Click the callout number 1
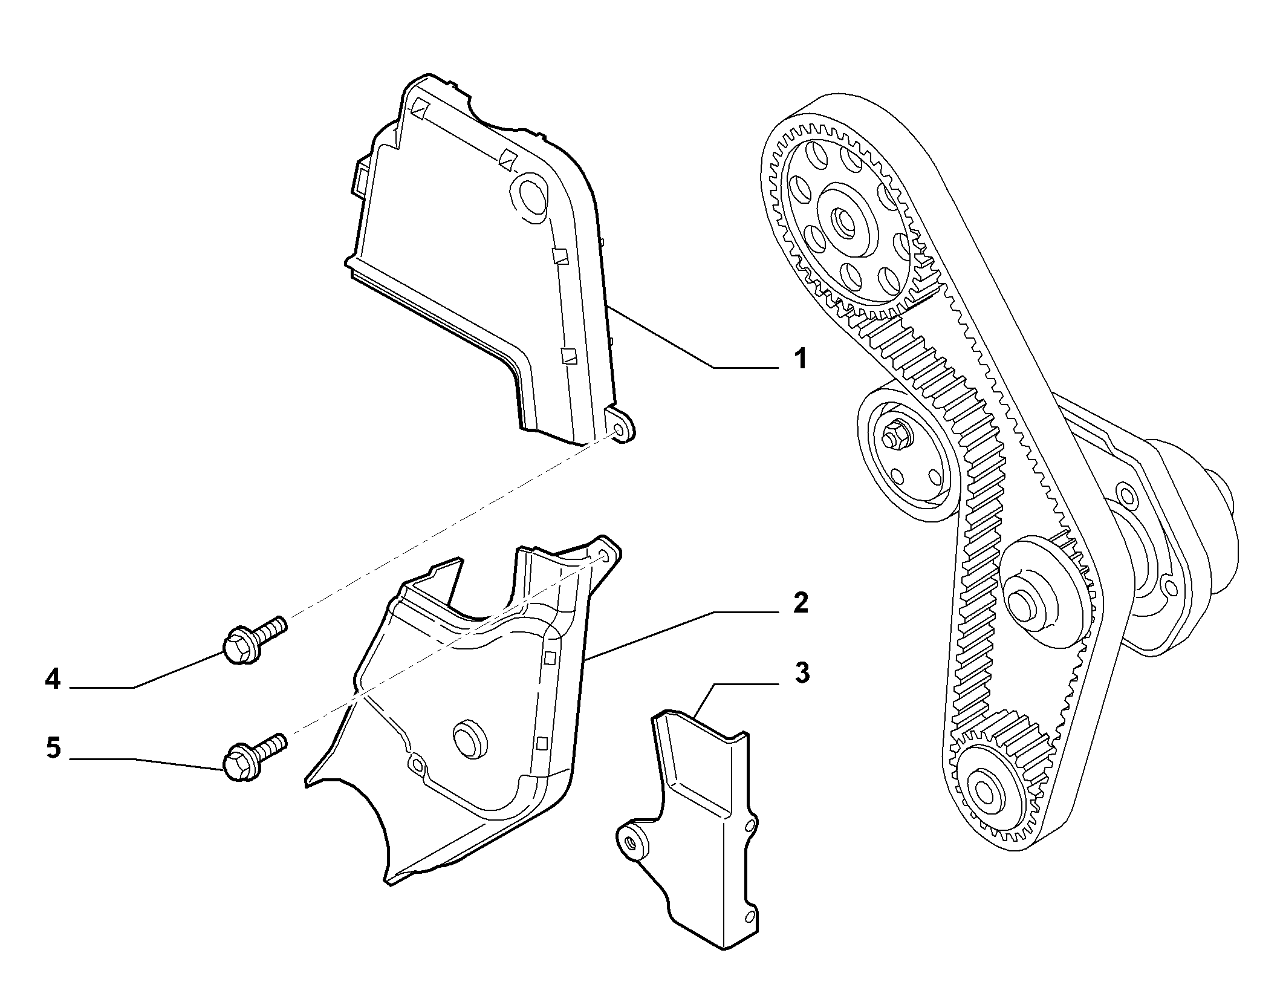pos(800,359)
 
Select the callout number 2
pos(800,603)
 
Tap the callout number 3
pos(801,673)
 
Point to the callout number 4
pos(53,680)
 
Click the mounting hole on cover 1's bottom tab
pos(618,430)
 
